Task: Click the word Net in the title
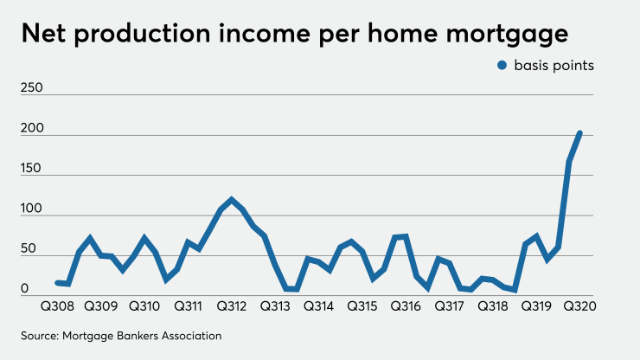click(x=48, y=35)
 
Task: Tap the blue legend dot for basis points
click(x=501, y=67)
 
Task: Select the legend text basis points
click(x=554, y=67)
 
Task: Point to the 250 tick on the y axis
click(x=30, y=88)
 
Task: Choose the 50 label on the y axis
click(x=28, y=248)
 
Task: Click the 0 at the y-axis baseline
click(x=25, y=288)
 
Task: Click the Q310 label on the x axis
click(x=144, y=306)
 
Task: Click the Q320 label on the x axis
click(x=580, y=306)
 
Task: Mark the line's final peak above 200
click(x=579, y=133)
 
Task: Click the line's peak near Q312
click(x=232, y=200)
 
